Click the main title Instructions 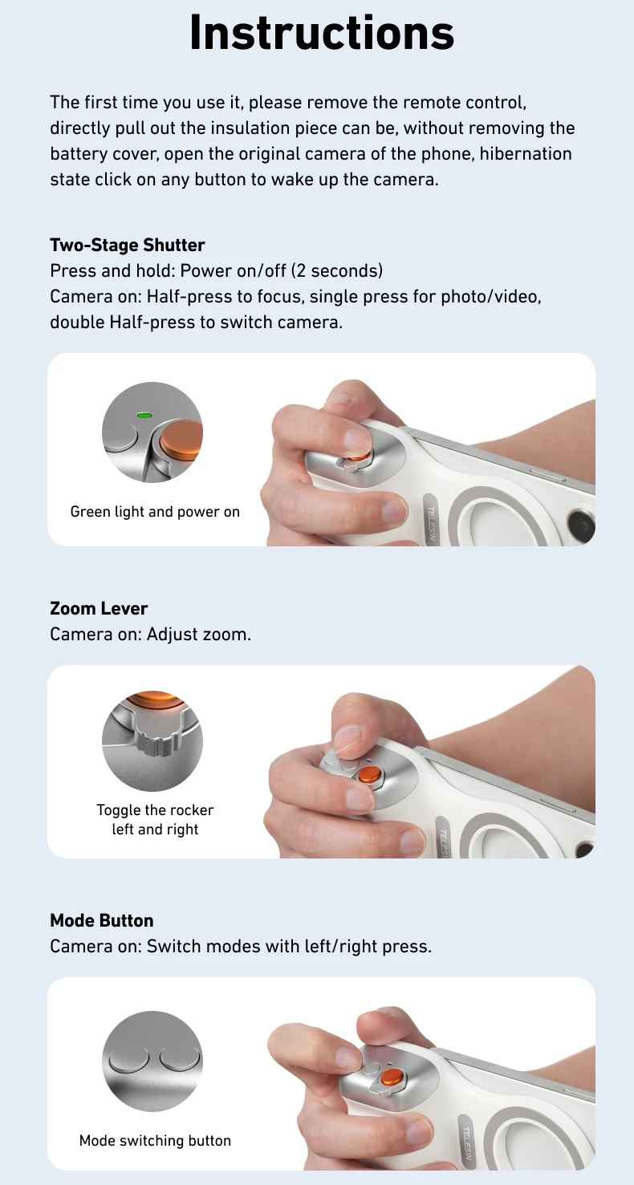click(321, 34)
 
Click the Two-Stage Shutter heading click(127, 246)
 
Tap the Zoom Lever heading click(99, 609)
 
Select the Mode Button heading click(101, 920)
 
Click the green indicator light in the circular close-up click(144, 416)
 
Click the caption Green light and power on click(155, 512)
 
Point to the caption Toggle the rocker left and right click(155, 819)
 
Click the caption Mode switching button click(155, 1140)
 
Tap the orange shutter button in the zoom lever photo click(370, 774)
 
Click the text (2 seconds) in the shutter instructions click(337, 270)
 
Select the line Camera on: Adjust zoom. click(150, 635)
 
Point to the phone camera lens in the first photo click(579, 526)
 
